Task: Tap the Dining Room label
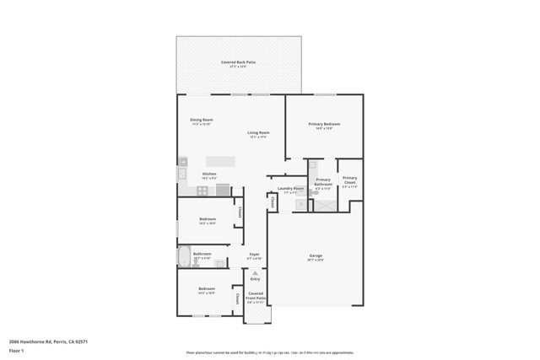click(202, 121)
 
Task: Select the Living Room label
click(258, 134)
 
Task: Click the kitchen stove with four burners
click(202, 191)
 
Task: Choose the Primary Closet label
click(349, 180)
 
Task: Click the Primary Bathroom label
click(323, 181)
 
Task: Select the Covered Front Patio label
click(256, 296)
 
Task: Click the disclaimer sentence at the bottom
click(275, 352)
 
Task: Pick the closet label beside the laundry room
click(273, 201)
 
